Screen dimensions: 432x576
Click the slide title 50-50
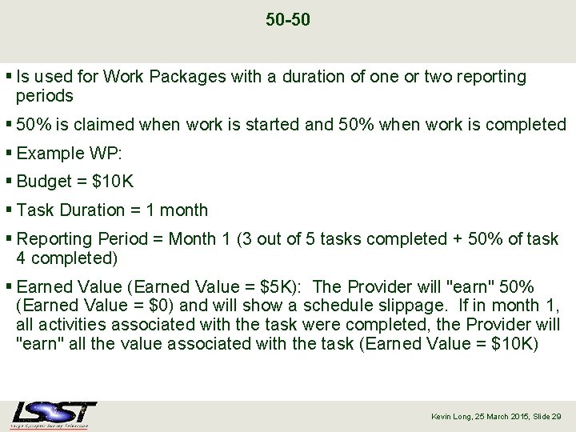pyautogui.click(x=287, y=18)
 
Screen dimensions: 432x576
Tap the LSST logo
pyautogui.click(x=54, y=414)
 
